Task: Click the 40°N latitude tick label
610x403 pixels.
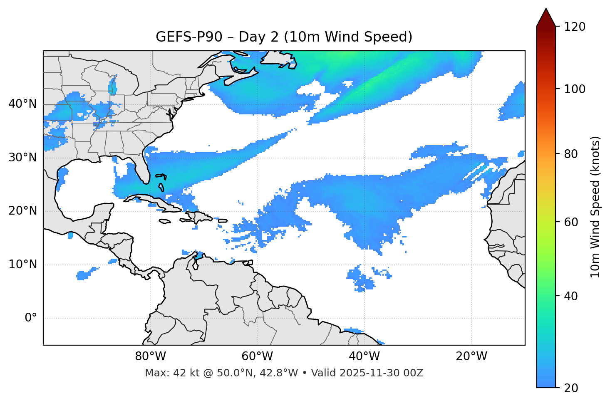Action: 22,104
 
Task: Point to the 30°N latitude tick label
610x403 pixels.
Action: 22,158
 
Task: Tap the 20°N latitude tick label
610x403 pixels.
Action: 22,211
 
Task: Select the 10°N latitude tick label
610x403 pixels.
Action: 22,265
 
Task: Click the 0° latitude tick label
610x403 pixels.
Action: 31,318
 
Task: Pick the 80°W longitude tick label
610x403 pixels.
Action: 150,356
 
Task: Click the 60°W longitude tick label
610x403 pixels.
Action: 257,356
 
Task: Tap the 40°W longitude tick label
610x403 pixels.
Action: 365,356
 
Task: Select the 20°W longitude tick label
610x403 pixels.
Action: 471,356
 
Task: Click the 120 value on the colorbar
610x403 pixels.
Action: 575,27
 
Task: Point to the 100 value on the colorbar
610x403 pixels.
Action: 575,89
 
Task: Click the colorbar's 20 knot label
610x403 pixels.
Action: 571,388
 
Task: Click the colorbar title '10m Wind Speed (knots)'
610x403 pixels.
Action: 595,207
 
